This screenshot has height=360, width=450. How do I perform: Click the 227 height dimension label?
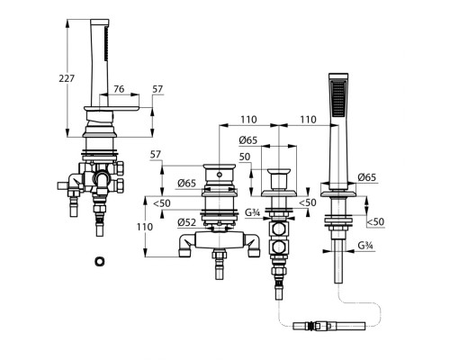(x=67, y=78)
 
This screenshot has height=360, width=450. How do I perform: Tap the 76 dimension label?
(x=119, y=89)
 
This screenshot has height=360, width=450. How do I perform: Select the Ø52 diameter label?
(x=186, y=222)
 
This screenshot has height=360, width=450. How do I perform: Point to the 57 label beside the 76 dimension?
(x=157, y=89)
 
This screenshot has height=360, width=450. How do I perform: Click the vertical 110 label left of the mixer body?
(x=145, y=227)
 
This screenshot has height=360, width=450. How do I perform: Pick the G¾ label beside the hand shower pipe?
(x=365, y=246)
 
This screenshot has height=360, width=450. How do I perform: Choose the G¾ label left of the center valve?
(x=252, y=212)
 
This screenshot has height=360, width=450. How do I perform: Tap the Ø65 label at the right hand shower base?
(x=366, y=177)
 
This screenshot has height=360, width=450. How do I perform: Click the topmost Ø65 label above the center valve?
(x=248, y=140)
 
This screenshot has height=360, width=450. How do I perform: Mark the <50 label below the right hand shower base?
(x=375, y=222)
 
